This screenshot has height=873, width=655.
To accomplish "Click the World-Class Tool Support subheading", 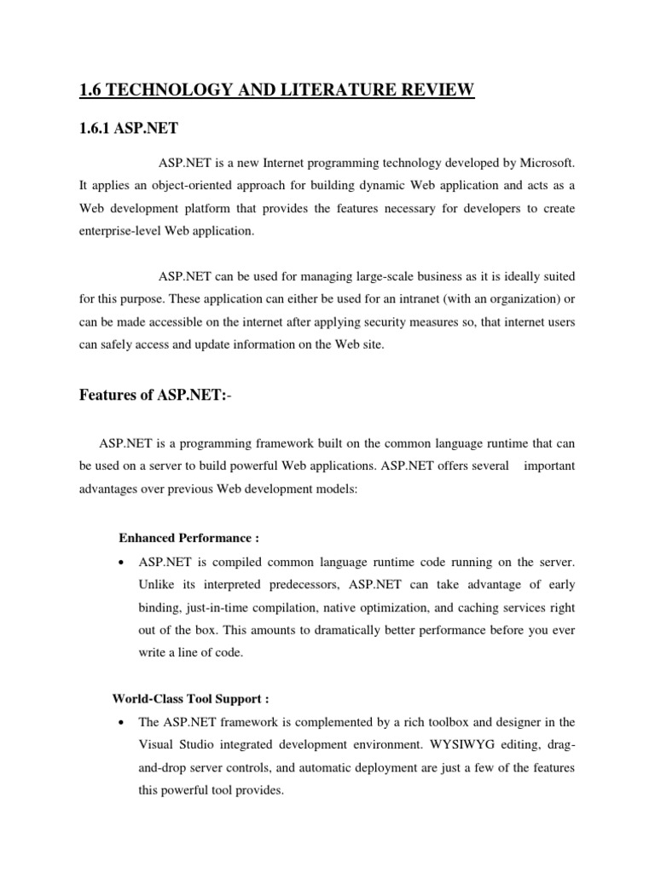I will pyautogui.click(x=191, y=699).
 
